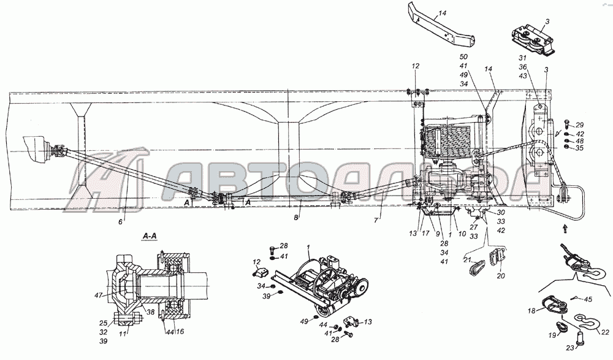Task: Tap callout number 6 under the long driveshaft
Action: [121, 221]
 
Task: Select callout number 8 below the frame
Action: [297, 217]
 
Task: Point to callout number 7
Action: [376, 220]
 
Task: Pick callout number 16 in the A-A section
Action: [180, 331]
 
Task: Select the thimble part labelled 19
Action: [562, 326]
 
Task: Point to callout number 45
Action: [588, 300]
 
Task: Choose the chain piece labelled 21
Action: [476, 267]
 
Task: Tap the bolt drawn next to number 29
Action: [567, 124]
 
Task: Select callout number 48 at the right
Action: [579, 141]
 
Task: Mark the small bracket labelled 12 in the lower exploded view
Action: [260, 271]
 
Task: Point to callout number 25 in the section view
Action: [103, 323]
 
